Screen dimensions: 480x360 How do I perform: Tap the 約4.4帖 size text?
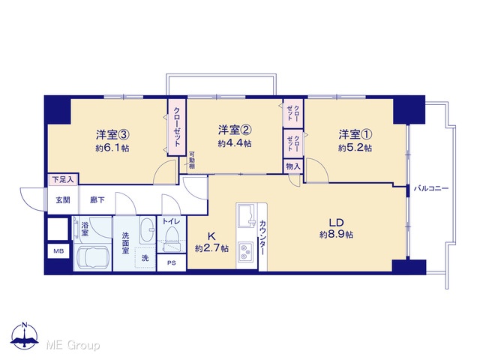tap(235, 143)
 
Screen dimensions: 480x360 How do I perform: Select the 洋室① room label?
tap(355, 134)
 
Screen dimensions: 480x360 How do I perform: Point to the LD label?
tap(337, 223)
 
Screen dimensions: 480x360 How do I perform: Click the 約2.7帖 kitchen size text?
tap(211, 248)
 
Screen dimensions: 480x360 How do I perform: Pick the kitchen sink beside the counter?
tap(247, 215)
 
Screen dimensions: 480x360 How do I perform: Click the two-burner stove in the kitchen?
tap(246, 252)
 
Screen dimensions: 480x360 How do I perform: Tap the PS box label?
tap(172, 262)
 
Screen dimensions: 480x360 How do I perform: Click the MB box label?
tap(58, 251)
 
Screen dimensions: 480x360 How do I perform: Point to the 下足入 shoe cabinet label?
tap(63, 179)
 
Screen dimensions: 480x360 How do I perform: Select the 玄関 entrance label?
tap(63, 200)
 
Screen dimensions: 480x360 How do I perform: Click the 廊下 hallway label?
tap(97, 200)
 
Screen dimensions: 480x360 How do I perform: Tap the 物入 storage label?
tap(293, 166)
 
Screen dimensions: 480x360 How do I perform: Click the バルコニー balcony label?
tap(431, 188)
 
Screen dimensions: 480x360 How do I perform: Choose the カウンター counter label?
tap(262, 237)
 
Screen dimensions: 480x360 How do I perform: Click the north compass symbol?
tap(25, 336)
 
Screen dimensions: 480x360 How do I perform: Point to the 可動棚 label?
tap(192, 160)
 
